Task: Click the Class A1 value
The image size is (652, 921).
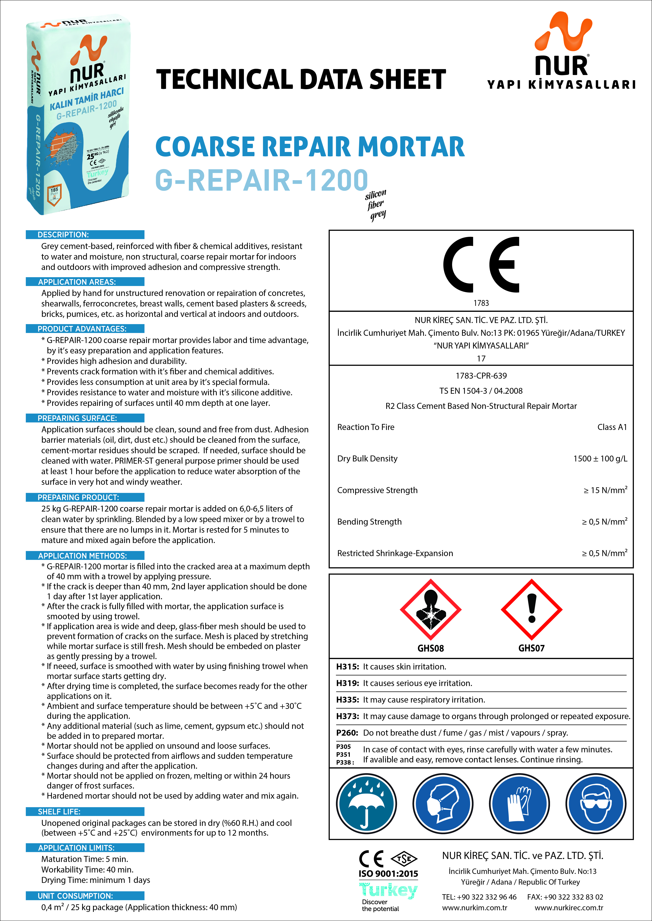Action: (612, 427)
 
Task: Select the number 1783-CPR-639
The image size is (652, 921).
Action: (481, 376)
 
